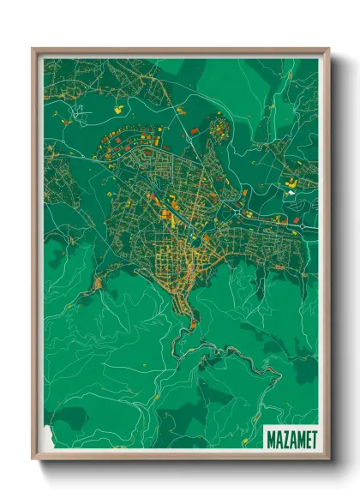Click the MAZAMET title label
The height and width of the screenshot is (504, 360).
291,440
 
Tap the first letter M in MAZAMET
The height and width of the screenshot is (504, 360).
271,440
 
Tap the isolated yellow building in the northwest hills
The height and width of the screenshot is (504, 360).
118,109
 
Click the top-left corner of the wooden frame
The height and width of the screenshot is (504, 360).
33,49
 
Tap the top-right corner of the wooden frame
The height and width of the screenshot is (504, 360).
328,49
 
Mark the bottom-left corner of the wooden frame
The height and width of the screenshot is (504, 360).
33,459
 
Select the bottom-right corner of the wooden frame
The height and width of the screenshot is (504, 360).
328,459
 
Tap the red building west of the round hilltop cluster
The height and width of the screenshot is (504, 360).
194,130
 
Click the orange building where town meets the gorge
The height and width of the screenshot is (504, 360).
195,324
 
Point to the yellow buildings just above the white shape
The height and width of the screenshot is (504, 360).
291,183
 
